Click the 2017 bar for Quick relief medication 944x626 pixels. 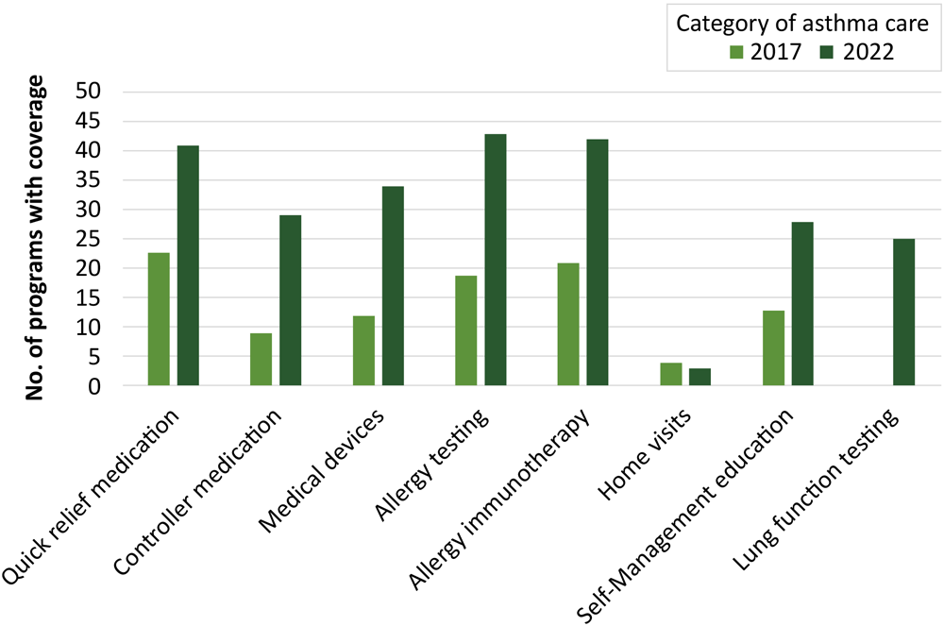click(x=159, y=319)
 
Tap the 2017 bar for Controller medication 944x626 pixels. click(x=261, y=360)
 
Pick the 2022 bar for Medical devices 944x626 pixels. click(x=393, y=286)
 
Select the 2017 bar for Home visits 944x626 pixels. click(x=670, y=374)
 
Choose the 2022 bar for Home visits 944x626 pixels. click(x=700, y=377)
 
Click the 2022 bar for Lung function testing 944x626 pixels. click(x=903, y=313)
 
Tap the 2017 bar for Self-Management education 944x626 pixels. click(x=773, y=348)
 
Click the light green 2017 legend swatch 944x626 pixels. click(x=737, y=51)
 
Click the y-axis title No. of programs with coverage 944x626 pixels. click(x=36, y=240)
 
